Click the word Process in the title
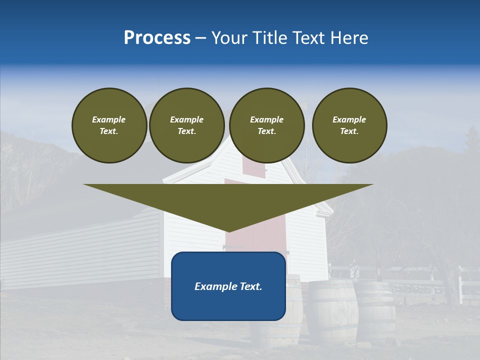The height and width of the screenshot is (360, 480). [157, 38]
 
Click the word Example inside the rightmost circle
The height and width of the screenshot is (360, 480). [349, 119]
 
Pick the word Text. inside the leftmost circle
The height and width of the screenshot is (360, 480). [109, 131]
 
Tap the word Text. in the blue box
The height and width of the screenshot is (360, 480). [250, 286]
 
